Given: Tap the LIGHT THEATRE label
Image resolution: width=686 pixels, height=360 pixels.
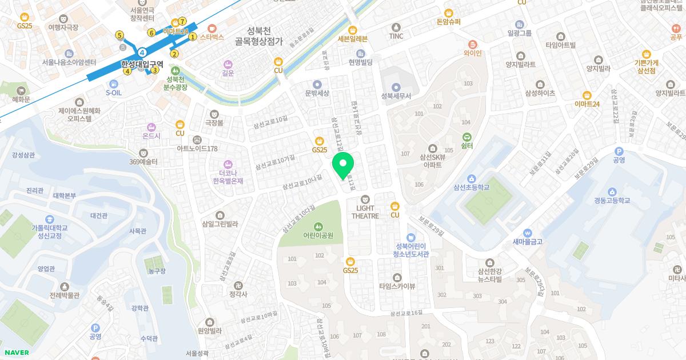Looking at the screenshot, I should pyautogui.click(x=365, y=212).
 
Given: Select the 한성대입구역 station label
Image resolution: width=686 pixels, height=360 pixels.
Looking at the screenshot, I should pyautogui.click(x=142, y=64).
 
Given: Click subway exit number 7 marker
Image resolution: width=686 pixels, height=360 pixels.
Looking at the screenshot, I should pyautogui.click(x=182, y=22).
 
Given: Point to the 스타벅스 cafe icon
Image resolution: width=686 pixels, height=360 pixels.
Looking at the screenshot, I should pyautogui.click(x=212, y=27).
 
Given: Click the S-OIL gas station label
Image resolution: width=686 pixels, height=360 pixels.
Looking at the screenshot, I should pyautogui.click(x=114, y=92).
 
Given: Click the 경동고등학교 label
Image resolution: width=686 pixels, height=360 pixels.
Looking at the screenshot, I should pyautogui.click(x=612, y=201).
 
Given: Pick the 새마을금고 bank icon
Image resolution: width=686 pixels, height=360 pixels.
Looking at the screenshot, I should pyautogui.click(x=527, y=233).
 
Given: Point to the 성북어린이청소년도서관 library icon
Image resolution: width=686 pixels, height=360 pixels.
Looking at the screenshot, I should pyautogui.click(x=411, y=237).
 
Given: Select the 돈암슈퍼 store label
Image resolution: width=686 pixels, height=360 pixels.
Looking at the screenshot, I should pyautogui.click(x=448, y=22).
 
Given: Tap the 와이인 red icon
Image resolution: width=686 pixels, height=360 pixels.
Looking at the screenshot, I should pyautogui.click(x=473, y=44).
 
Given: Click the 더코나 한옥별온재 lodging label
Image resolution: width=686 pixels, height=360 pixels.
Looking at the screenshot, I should pyautogui.click(x=228, y=177).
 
